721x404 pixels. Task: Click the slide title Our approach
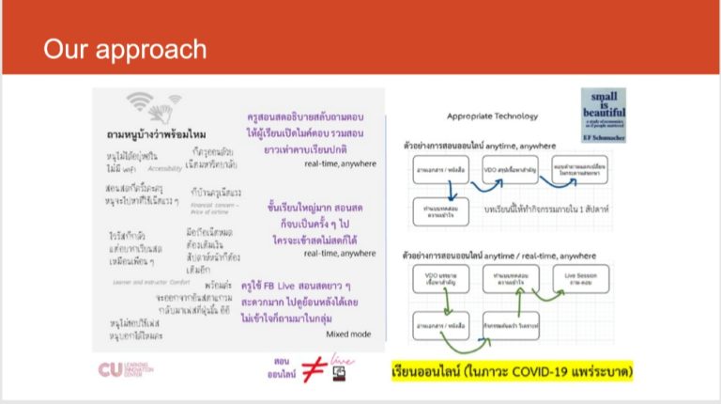click(x=124, y=49)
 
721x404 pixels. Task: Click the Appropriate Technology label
click(x=493, y=117)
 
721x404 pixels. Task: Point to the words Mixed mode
click(x=348, y=333)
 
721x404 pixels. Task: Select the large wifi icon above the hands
click(x=140, y=100)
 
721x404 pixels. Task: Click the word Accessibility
click(x=165, y=168)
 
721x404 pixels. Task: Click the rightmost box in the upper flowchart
click(x=580, y=169)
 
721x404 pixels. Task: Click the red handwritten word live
click(x=341, y=361)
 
